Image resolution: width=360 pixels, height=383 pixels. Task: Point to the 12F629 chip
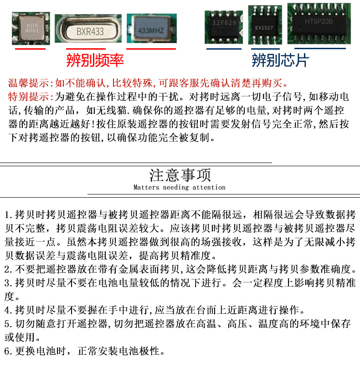pos(223,27)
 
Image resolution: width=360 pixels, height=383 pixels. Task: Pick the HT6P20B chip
pos(319,24)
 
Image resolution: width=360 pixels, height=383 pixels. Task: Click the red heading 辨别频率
pos(95,60)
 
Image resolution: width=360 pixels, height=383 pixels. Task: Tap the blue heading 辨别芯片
pos(280,60)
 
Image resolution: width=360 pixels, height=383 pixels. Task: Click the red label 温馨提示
pos(29,83)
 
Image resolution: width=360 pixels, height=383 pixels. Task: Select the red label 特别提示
pos(29,97)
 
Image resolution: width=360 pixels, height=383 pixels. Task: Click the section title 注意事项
pos(180,175)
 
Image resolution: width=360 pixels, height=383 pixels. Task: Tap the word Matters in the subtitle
pos(146,187)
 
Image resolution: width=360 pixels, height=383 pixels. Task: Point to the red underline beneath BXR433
pos(86,49)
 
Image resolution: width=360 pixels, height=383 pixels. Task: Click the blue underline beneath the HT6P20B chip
pos(320,48)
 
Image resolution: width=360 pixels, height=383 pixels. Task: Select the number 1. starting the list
pos(9,215)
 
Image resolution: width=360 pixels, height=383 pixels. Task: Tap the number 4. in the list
pos(9,310)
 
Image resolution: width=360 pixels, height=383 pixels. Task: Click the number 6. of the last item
pos(9,351)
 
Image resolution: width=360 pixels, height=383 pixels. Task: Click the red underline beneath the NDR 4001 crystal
pos(31,49)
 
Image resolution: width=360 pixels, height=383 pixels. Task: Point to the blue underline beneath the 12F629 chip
pos(224,49)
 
